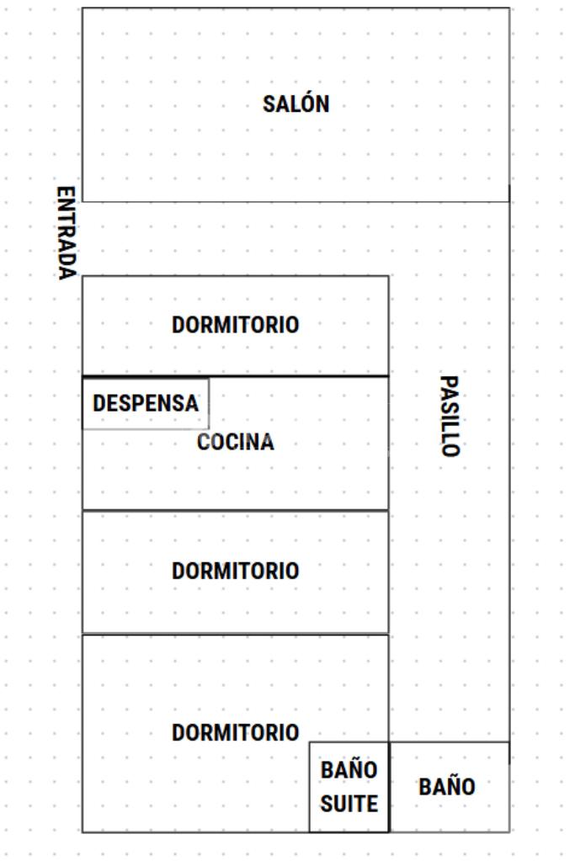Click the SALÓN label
(295, 104)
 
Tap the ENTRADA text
(67, 233)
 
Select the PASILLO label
(450, 416)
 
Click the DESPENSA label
(146, 403)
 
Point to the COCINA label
(235, 443)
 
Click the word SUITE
(349, 804)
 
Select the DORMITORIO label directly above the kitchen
(235, 325)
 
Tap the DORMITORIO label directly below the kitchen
(235, 571)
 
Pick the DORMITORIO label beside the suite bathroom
(235, 733)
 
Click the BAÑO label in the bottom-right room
(447, 787)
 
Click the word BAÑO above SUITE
(349, 770)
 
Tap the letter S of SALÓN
(269, 104)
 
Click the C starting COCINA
(204, 443)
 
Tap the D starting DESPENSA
(98, 403)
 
